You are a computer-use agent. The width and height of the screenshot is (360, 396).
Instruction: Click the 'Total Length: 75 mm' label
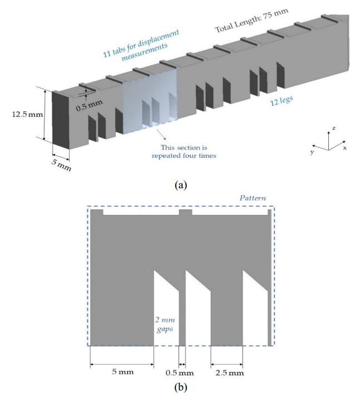(x=251, y=21)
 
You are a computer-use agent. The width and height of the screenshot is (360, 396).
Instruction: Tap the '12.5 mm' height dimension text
(x=27, y=114)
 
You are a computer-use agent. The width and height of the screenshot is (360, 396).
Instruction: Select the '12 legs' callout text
(x=282, y=100)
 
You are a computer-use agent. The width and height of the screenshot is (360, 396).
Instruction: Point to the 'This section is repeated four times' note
(x=184, y=151)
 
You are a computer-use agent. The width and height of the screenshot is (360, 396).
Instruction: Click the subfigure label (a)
(x=181, y=185)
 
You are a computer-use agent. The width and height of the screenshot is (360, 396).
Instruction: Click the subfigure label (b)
(x=181, y=387)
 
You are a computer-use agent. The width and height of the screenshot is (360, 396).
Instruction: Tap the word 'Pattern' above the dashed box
(x=253, y=198)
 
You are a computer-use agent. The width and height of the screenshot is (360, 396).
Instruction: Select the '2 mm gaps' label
(x=165, y=325)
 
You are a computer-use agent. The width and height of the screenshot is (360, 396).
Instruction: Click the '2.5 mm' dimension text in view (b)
(x=230, y=373)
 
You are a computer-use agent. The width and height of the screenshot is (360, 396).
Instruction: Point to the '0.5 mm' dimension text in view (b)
(x=180, y=373)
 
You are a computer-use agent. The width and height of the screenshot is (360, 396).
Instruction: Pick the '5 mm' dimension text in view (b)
(x=123, y=371)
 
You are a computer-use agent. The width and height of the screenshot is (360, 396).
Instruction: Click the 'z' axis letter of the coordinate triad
(x=334, y=128)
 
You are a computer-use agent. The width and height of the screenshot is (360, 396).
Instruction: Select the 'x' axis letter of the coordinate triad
(x=344, y=148)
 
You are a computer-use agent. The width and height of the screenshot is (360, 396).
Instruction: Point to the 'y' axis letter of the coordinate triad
(x=312, y=152)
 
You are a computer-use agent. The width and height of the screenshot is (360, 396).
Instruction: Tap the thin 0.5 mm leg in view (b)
(x=182, y=318)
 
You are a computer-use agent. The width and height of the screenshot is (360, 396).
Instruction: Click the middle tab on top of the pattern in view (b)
(x=185, y=212)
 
